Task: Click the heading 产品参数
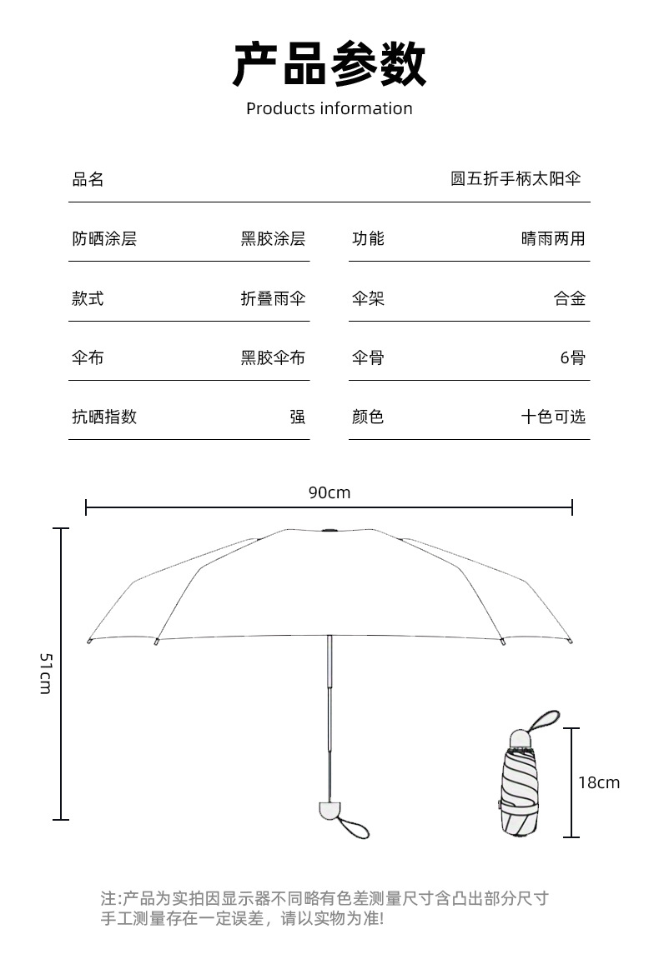[329, 64]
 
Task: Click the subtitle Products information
[329, 108]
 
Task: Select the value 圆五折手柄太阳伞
[516, 178]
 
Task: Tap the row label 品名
[88, 179]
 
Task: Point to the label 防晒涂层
[104, 239]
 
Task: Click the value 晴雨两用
[553, 239]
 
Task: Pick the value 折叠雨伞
[273, 298]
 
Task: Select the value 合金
[570, 298]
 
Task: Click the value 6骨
[572, 358]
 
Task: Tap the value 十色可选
[553, 417]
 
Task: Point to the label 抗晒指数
[104, 417]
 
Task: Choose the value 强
[298, 417]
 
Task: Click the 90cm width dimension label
[329, 492]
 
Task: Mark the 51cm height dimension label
[46, 673]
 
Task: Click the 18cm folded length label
[599, 782]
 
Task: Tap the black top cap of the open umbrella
[329, 531]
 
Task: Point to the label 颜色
[368, 417]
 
